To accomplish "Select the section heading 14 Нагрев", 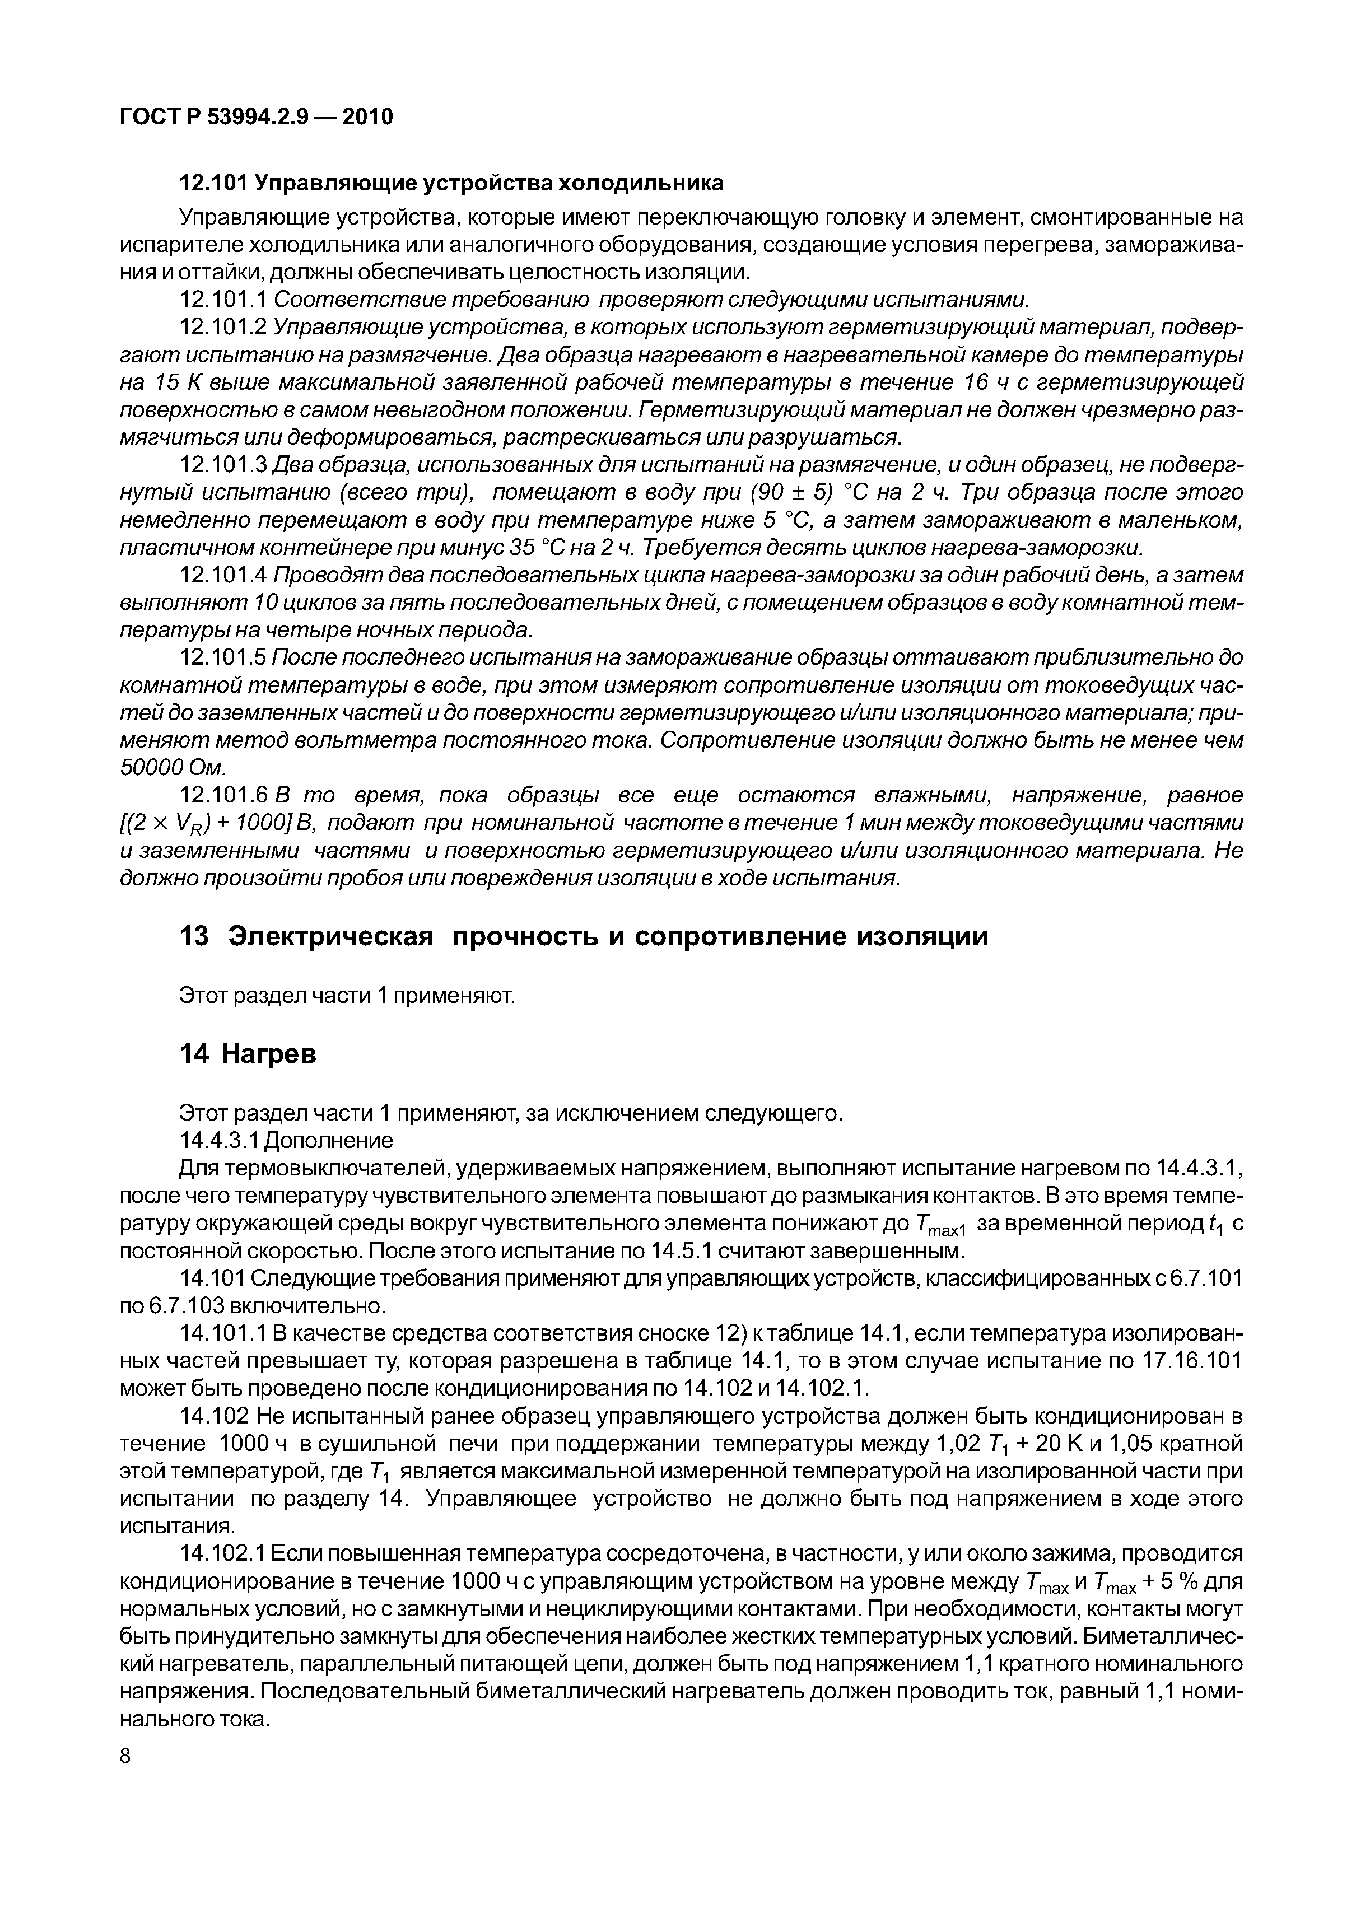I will click(248, 1055).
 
